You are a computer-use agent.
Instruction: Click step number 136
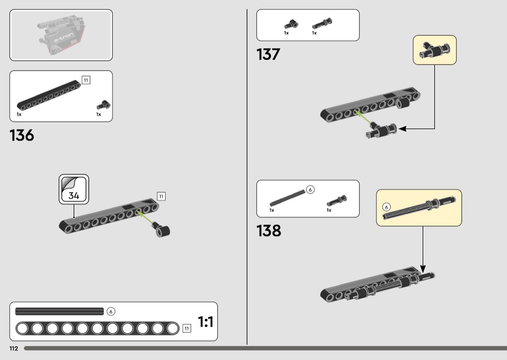[22, 135]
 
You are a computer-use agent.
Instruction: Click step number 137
[268, 54]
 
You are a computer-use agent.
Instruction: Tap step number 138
[268, 231]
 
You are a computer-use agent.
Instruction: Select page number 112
[14, 348]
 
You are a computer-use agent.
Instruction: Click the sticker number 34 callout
[74, 189]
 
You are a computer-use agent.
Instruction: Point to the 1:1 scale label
[206, 322]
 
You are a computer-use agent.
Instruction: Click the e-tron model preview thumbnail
[61, 35]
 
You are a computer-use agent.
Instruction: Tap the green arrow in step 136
[144, 217]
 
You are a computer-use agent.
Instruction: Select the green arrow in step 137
[363, 117]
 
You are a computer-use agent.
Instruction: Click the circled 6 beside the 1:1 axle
[111, 311]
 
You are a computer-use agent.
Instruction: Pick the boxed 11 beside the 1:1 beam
[186, 328]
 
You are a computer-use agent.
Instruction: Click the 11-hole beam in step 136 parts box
[49, 95]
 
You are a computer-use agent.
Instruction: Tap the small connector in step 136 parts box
[103, 105]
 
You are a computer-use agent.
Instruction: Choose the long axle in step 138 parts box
[287, 198]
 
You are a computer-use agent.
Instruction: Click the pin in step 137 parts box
[322, 24]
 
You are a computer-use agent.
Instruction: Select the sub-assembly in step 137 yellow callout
[435, 50]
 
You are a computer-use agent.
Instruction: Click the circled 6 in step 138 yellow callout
[386, 207]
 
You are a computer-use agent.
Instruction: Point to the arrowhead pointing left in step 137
[402, 129]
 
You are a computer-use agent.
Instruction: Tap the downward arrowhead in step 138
[423, 268]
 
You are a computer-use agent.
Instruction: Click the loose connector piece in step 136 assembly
[161, 229]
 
